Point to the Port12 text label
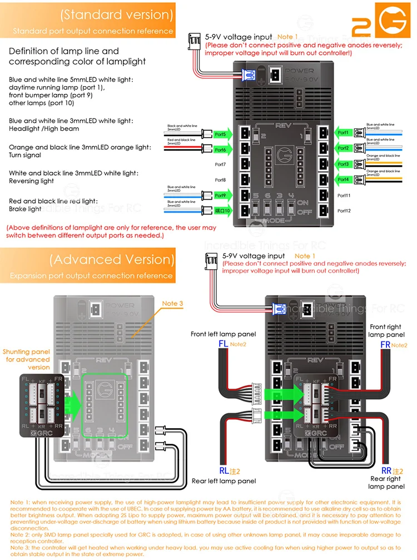[x=344, y=211]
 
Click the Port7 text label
[x=220, y=165]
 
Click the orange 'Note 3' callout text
[x=172, y=304]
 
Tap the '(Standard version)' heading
[x=117, y=14]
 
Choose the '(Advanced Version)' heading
[x=112, y=259]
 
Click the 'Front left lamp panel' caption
[x=224, y=334]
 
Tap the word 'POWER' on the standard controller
[x=299, y=71]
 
